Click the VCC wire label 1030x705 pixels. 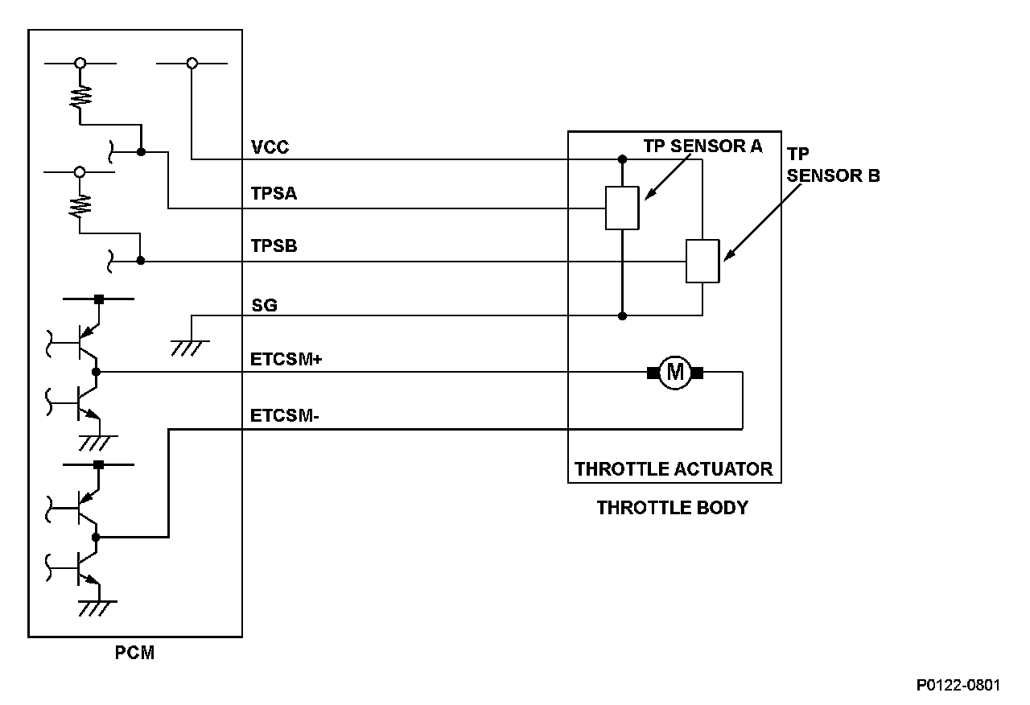270,147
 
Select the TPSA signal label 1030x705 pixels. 274,194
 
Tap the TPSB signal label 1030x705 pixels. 274,246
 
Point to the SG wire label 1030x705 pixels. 265,305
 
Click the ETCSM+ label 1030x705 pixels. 286,359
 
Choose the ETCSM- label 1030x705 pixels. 285,416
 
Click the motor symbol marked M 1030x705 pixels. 675,373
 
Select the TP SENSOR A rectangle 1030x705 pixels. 622,208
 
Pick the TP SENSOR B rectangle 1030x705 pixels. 702,261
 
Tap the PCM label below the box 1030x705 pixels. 134,653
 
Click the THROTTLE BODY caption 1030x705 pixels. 673,508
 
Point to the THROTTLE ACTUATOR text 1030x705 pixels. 674,469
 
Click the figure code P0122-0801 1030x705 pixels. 958,685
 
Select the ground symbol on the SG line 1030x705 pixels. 189,348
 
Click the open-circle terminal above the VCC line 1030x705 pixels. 192,64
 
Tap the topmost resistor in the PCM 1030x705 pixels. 80,97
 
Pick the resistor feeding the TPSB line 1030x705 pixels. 80,205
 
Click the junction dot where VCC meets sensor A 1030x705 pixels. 622,159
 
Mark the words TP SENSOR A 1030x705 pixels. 702,146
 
